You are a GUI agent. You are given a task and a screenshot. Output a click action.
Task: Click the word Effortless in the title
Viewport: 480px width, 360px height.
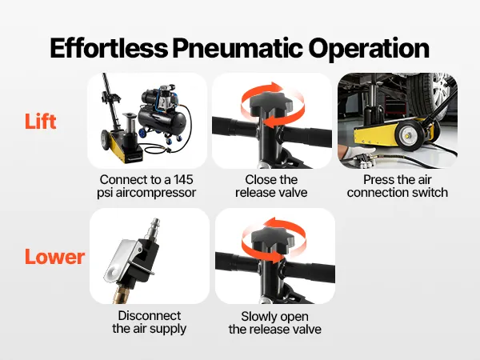tap(109, 48)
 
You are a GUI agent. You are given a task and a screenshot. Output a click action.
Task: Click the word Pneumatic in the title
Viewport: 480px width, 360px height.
tap(238, 48)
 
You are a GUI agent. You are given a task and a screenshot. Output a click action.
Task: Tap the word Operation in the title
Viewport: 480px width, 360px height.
tap(369, 49)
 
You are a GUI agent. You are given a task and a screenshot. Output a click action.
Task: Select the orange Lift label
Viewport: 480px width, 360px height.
tap(41, 122)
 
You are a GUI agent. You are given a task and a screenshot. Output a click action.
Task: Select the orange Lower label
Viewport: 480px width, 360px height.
tap(54, 257)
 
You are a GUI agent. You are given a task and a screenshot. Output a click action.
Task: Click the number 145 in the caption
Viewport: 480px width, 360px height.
tap(183, 180)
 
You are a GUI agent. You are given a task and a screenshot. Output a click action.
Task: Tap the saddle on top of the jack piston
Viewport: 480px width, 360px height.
tap(129, 115)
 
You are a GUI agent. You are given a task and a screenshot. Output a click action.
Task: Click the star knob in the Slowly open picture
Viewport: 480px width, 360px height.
tap(273, 238)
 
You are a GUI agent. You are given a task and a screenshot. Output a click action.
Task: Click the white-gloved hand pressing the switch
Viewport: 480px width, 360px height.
tap(357, 152)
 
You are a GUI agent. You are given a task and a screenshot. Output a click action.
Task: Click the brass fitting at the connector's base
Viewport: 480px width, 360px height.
tap(122, 294)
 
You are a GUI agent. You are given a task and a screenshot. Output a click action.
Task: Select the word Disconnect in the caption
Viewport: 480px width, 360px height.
tap(150, 316)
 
